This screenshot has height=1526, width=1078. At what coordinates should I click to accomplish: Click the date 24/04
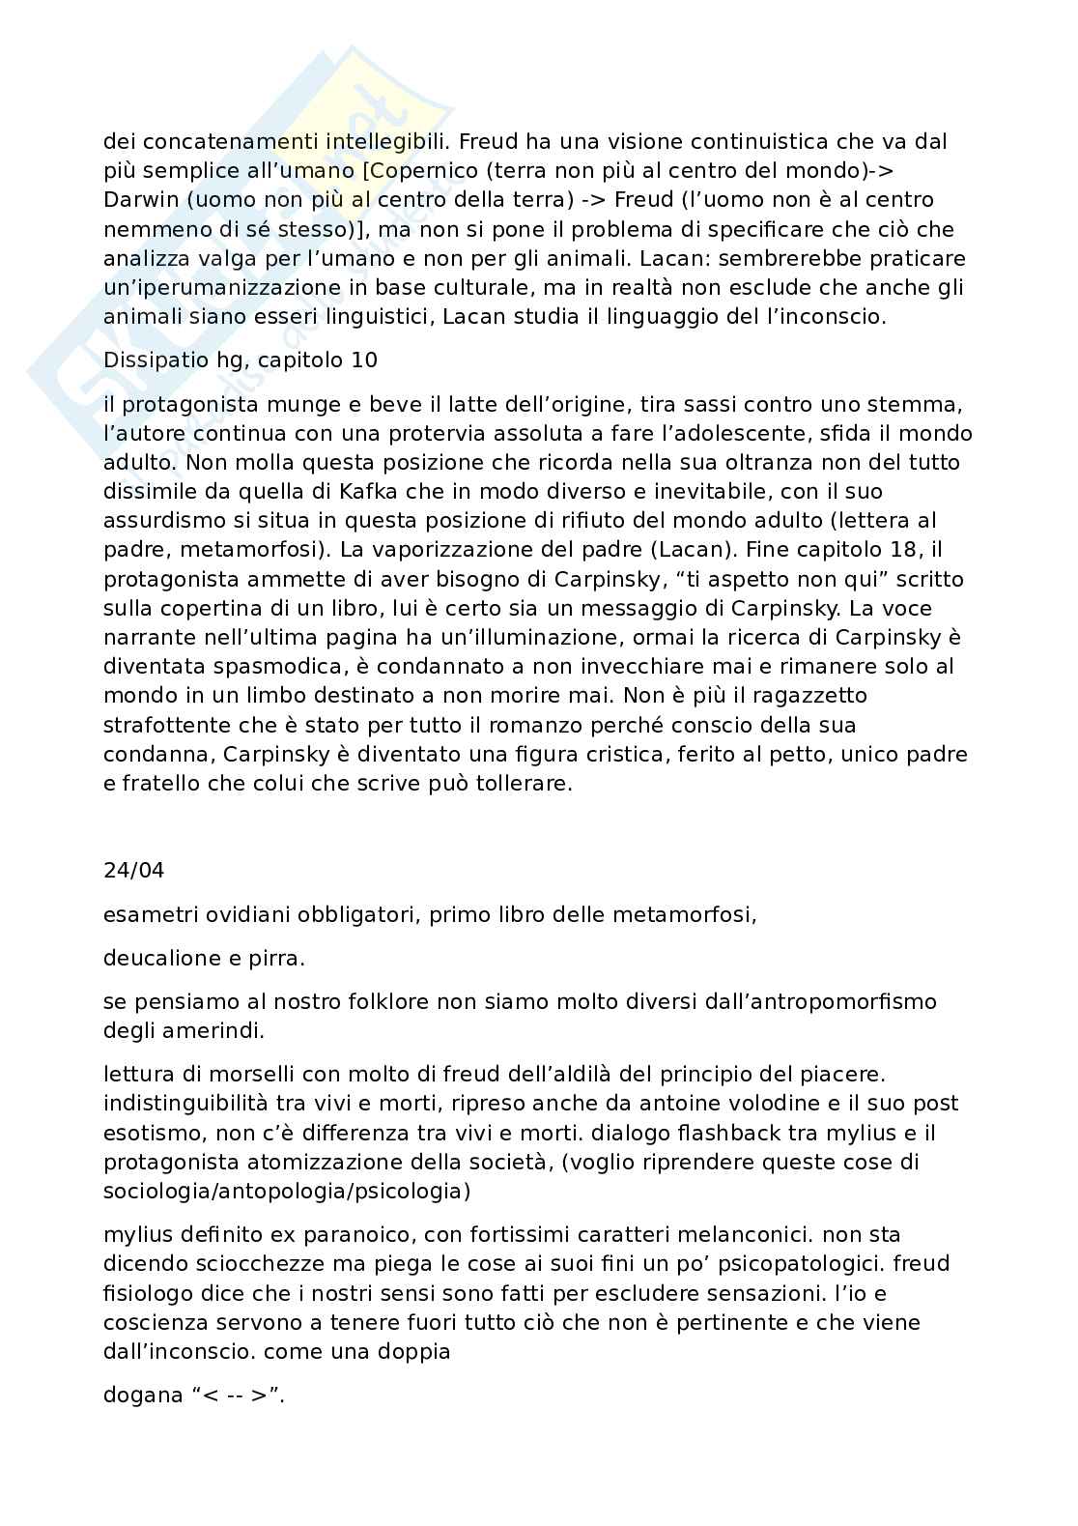click(133, 870)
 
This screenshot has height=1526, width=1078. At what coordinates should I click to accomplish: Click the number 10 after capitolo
click(364, 360)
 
